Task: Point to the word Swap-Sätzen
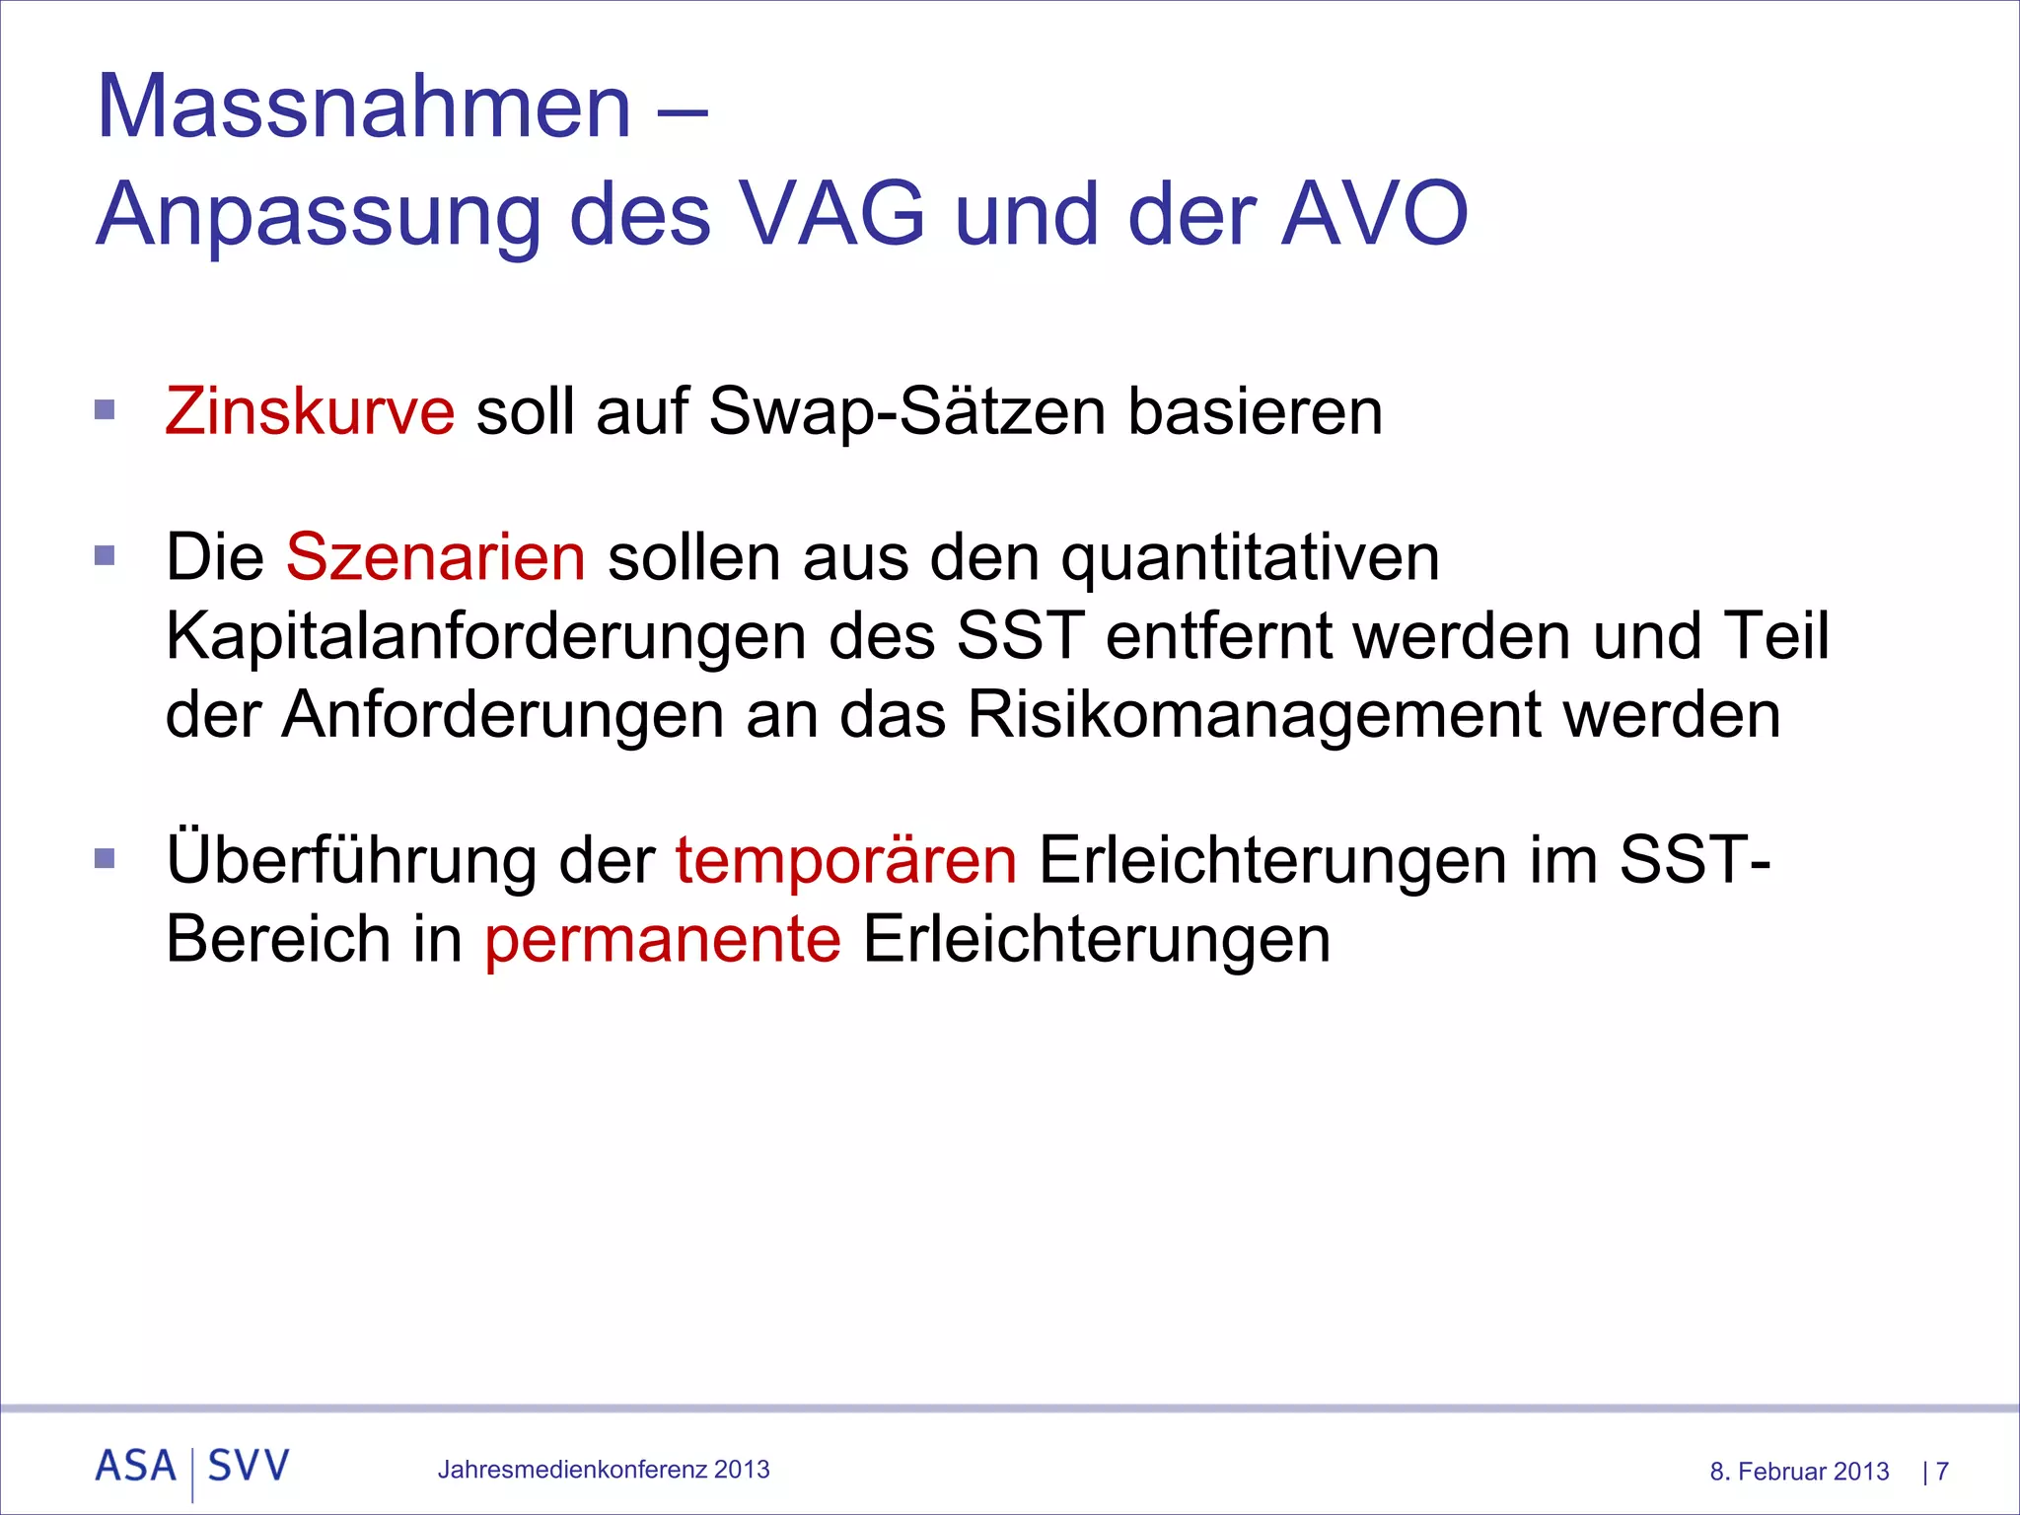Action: coord(907,412)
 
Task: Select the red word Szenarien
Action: coord(436,557)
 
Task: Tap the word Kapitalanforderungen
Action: coord(486,636)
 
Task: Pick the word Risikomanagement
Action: coord(1254,715)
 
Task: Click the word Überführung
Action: coord(351,860)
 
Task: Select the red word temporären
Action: coord(845,860)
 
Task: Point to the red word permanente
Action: coord(662,940)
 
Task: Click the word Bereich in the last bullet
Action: coord(278,939)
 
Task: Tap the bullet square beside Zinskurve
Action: coord(105,409)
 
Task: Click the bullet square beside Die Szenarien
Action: coord(105,555)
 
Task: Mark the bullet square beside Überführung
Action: coord(105,858)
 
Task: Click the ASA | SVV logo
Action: coord(192,1468)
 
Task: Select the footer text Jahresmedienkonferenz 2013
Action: coord(604,1470)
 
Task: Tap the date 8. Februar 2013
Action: coord(1799,1472)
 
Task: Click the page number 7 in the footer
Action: coord(1942,1472)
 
